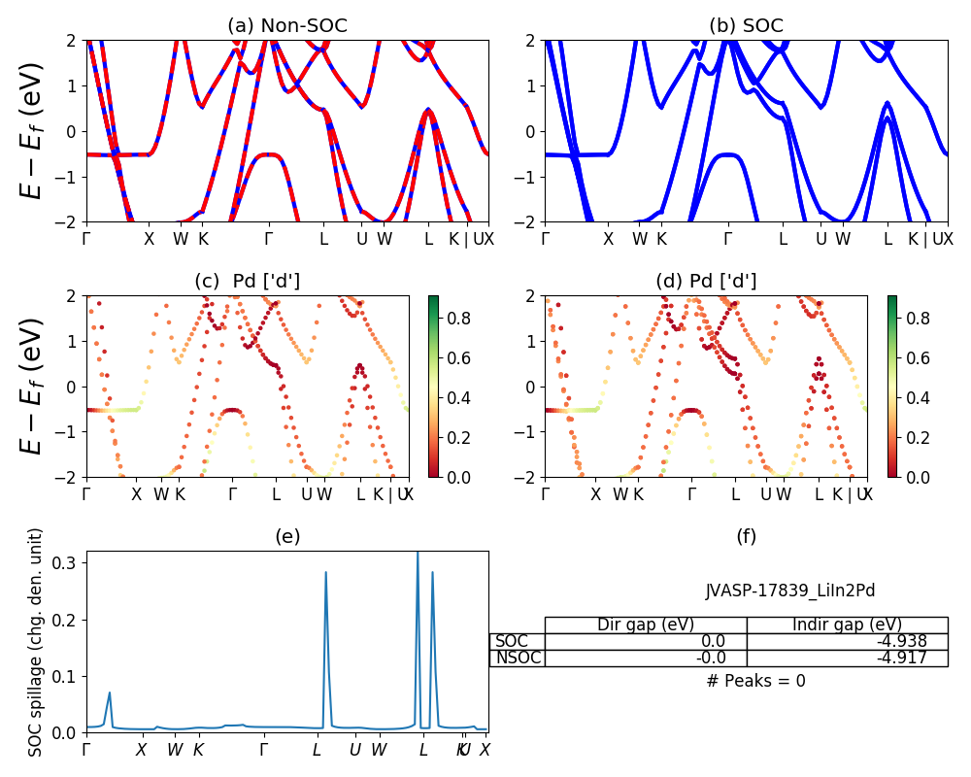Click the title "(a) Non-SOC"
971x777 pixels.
click(286, 25)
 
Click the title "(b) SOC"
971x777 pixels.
click(746, 25)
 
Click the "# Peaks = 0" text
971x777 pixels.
click(755, 681)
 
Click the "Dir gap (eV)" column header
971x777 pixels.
click(645, 625)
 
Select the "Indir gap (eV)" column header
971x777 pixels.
click(847, 625)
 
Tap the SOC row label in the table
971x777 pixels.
click(512, 641)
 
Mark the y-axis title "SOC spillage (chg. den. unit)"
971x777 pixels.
click(36, 642)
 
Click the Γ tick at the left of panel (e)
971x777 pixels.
click(86, 750)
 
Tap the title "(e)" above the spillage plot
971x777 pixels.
click(286, 536)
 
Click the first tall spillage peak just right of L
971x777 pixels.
click(325, 573)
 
